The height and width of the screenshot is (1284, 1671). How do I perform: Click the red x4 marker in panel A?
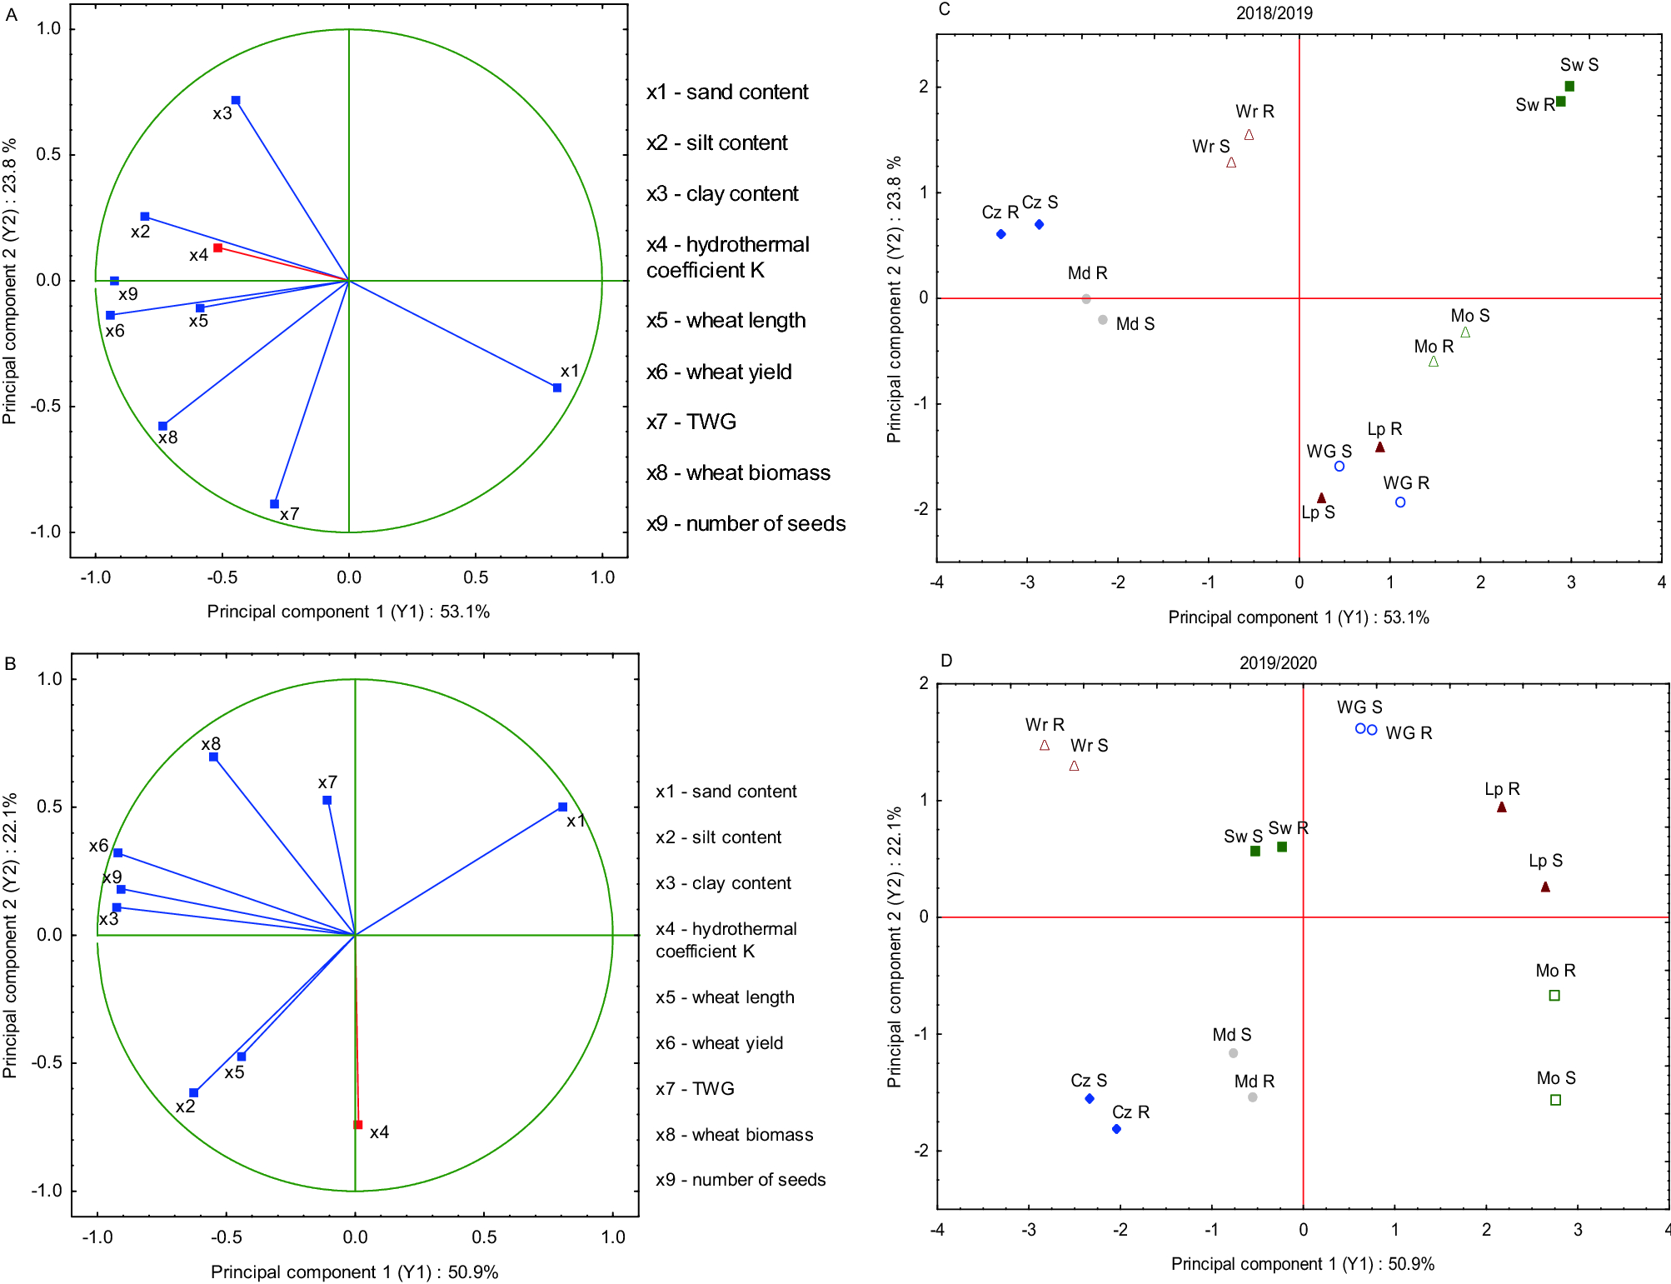217,247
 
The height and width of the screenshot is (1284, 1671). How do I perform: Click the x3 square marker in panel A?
236,101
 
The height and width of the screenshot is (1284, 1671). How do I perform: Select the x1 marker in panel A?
557,387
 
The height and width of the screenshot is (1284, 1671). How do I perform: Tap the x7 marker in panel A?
274,504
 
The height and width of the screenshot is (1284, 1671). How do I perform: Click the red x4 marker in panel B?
358,1125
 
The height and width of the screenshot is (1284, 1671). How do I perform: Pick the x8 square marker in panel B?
214,757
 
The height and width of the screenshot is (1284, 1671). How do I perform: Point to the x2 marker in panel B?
193,1093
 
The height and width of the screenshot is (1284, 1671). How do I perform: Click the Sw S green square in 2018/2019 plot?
1569,86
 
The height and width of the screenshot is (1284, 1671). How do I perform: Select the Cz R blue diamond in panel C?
1001,234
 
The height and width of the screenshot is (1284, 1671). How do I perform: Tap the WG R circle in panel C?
1400,502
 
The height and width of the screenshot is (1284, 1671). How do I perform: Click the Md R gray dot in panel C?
1086,299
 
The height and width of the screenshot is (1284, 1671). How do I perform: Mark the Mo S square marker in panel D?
1555,1100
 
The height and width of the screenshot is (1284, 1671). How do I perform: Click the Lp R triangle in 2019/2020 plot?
1502,807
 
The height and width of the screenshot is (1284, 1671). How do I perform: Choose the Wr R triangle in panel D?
1045,746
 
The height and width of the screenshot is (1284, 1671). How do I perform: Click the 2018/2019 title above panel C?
1274,13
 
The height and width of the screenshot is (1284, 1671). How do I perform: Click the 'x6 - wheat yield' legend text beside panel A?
719,372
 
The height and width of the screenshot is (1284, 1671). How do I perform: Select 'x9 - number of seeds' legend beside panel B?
741,1180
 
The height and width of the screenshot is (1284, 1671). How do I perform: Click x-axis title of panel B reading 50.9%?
354,1272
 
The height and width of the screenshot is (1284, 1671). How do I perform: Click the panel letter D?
946,661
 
